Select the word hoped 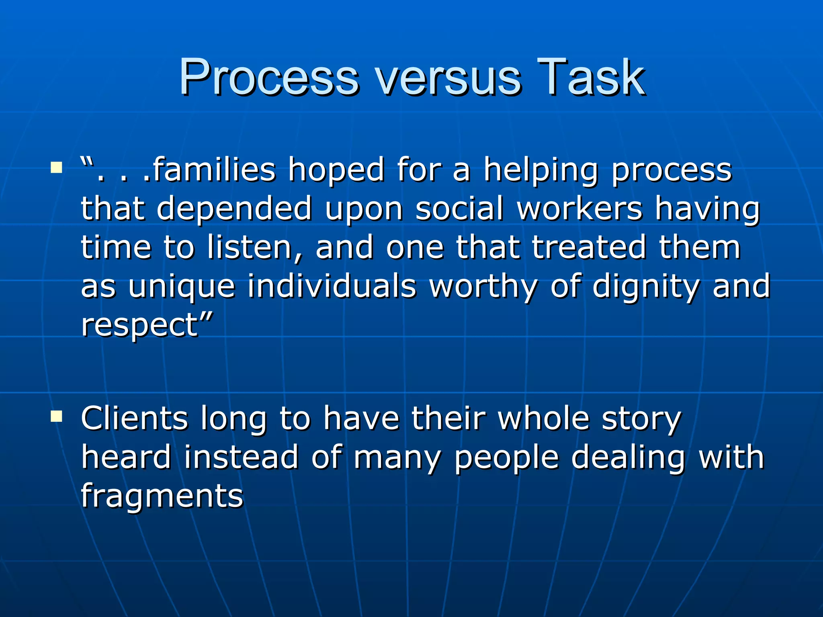coord(336,170)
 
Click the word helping coord(540,170)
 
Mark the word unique coord(182,287)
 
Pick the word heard coord(126,457)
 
